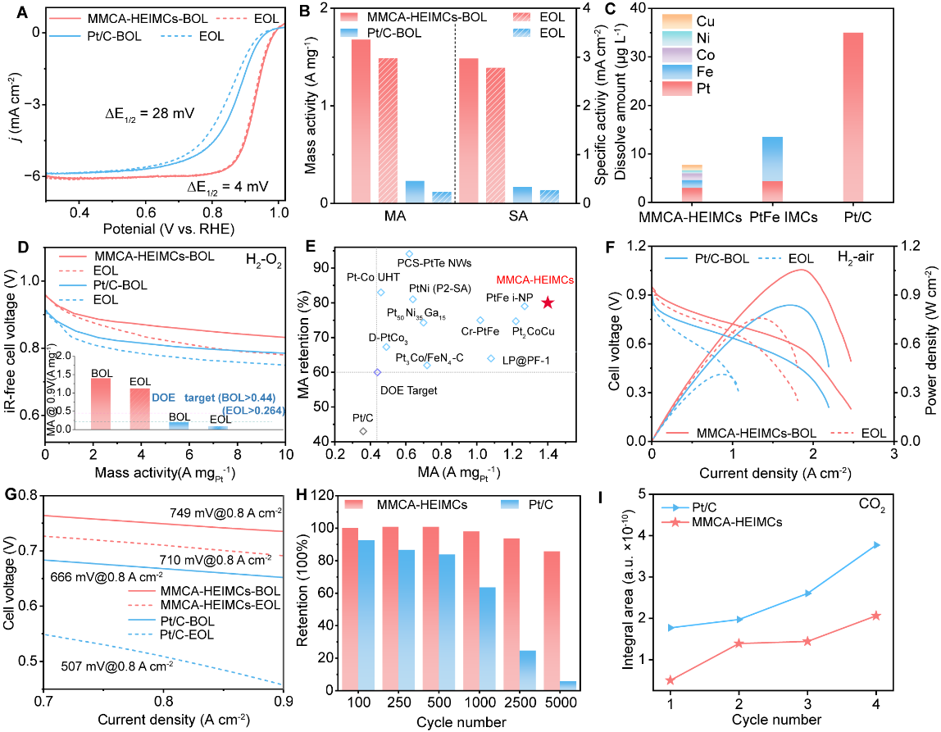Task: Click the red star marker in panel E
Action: pos(548,303)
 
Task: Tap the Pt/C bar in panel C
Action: pos(852,117)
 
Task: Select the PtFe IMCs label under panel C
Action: pos(783,217)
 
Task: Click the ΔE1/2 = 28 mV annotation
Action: pos(150,113)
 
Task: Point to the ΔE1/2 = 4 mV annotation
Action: pos(228,187)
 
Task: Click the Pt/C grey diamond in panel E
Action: pos(363,431)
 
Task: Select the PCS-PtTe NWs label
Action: pos(434,263)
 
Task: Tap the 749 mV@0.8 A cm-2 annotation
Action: pos(225,513)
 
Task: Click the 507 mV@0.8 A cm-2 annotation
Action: pos(118,666)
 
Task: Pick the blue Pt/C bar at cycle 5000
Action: pos(568,686)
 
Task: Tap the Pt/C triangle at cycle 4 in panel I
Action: pos(877,545)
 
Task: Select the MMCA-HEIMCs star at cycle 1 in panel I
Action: pos(671,680)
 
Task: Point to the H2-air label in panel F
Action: pos(856,257)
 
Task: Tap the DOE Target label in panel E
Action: pos(409,391)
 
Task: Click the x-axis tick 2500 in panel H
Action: pos(520,702)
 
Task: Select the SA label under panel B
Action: pos(518,216)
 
